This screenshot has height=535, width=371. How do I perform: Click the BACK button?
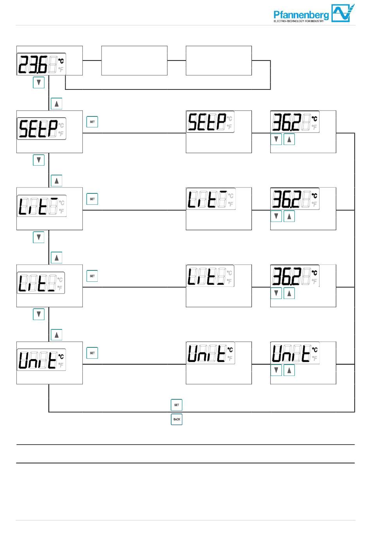pos(177,419)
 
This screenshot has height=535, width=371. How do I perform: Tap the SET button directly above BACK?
pos(177,405)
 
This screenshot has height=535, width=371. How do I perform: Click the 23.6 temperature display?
pos(41,64)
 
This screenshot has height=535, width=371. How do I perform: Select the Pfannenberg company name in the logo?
pos(301,15)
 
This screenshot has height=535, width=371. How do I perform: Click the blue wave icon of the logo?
pos(342,13)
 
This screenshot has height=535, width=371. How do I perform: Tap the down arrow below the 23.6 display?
pos(39,82)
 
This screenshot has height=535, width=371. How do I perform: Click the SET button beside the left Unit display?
pos(92,353)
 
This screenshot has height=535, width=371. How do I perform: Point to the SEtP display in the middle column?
pos(210,122)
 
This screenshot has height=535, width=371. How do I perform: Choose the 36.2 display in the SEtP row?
pos(295,122)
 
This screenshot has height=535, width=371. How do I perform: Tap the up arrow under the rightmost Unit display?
pos(289,370)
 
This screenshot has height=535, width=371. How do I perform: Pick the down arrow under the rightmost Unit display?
pos(276,370)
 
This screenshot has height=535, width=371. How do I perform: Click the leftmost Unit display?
pos(41,360)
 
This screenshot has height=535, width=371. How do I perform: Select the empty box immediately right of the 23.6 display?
pos(134,61)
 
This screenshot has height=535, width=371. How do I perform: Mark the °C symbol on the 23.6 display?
pos(61,61)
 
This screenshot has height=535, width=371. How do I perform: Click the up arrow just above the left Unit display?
pos(57,335)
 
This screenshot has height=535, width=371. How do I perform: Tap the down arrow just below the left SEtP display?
pos(39,160)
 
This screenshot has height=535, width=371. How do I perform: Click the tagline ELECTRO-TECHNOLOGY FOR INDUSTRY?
pos(298,21)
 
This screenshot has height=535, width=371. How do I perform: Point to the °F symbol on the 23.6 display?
pos(61,69)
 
